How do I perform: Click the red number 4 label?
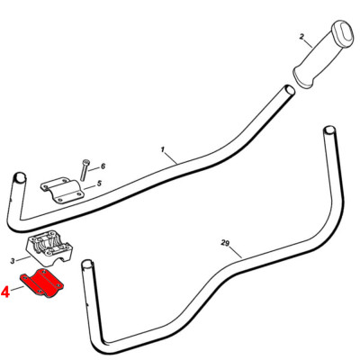5,292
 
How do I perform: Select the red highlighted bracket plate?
42,283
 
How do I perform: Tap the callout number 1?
163,149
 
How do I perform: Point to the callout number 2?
301,37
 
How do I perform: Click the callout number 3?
13,261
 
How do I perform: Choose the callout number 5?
99,184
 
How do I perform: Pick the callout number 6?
103,166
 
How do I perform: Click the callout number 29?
225,243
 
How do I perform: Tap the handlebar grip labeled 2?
321,56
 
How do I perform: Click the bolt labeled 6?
83,170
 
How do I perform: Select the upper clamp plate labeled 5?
62,190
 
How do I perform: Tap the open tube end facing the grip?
289,90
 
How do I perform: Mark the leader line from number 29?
235,252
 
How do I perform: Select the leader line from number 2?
309,43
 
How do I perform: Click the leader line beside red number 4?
18,289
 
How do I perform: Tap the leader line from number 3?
23,258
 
